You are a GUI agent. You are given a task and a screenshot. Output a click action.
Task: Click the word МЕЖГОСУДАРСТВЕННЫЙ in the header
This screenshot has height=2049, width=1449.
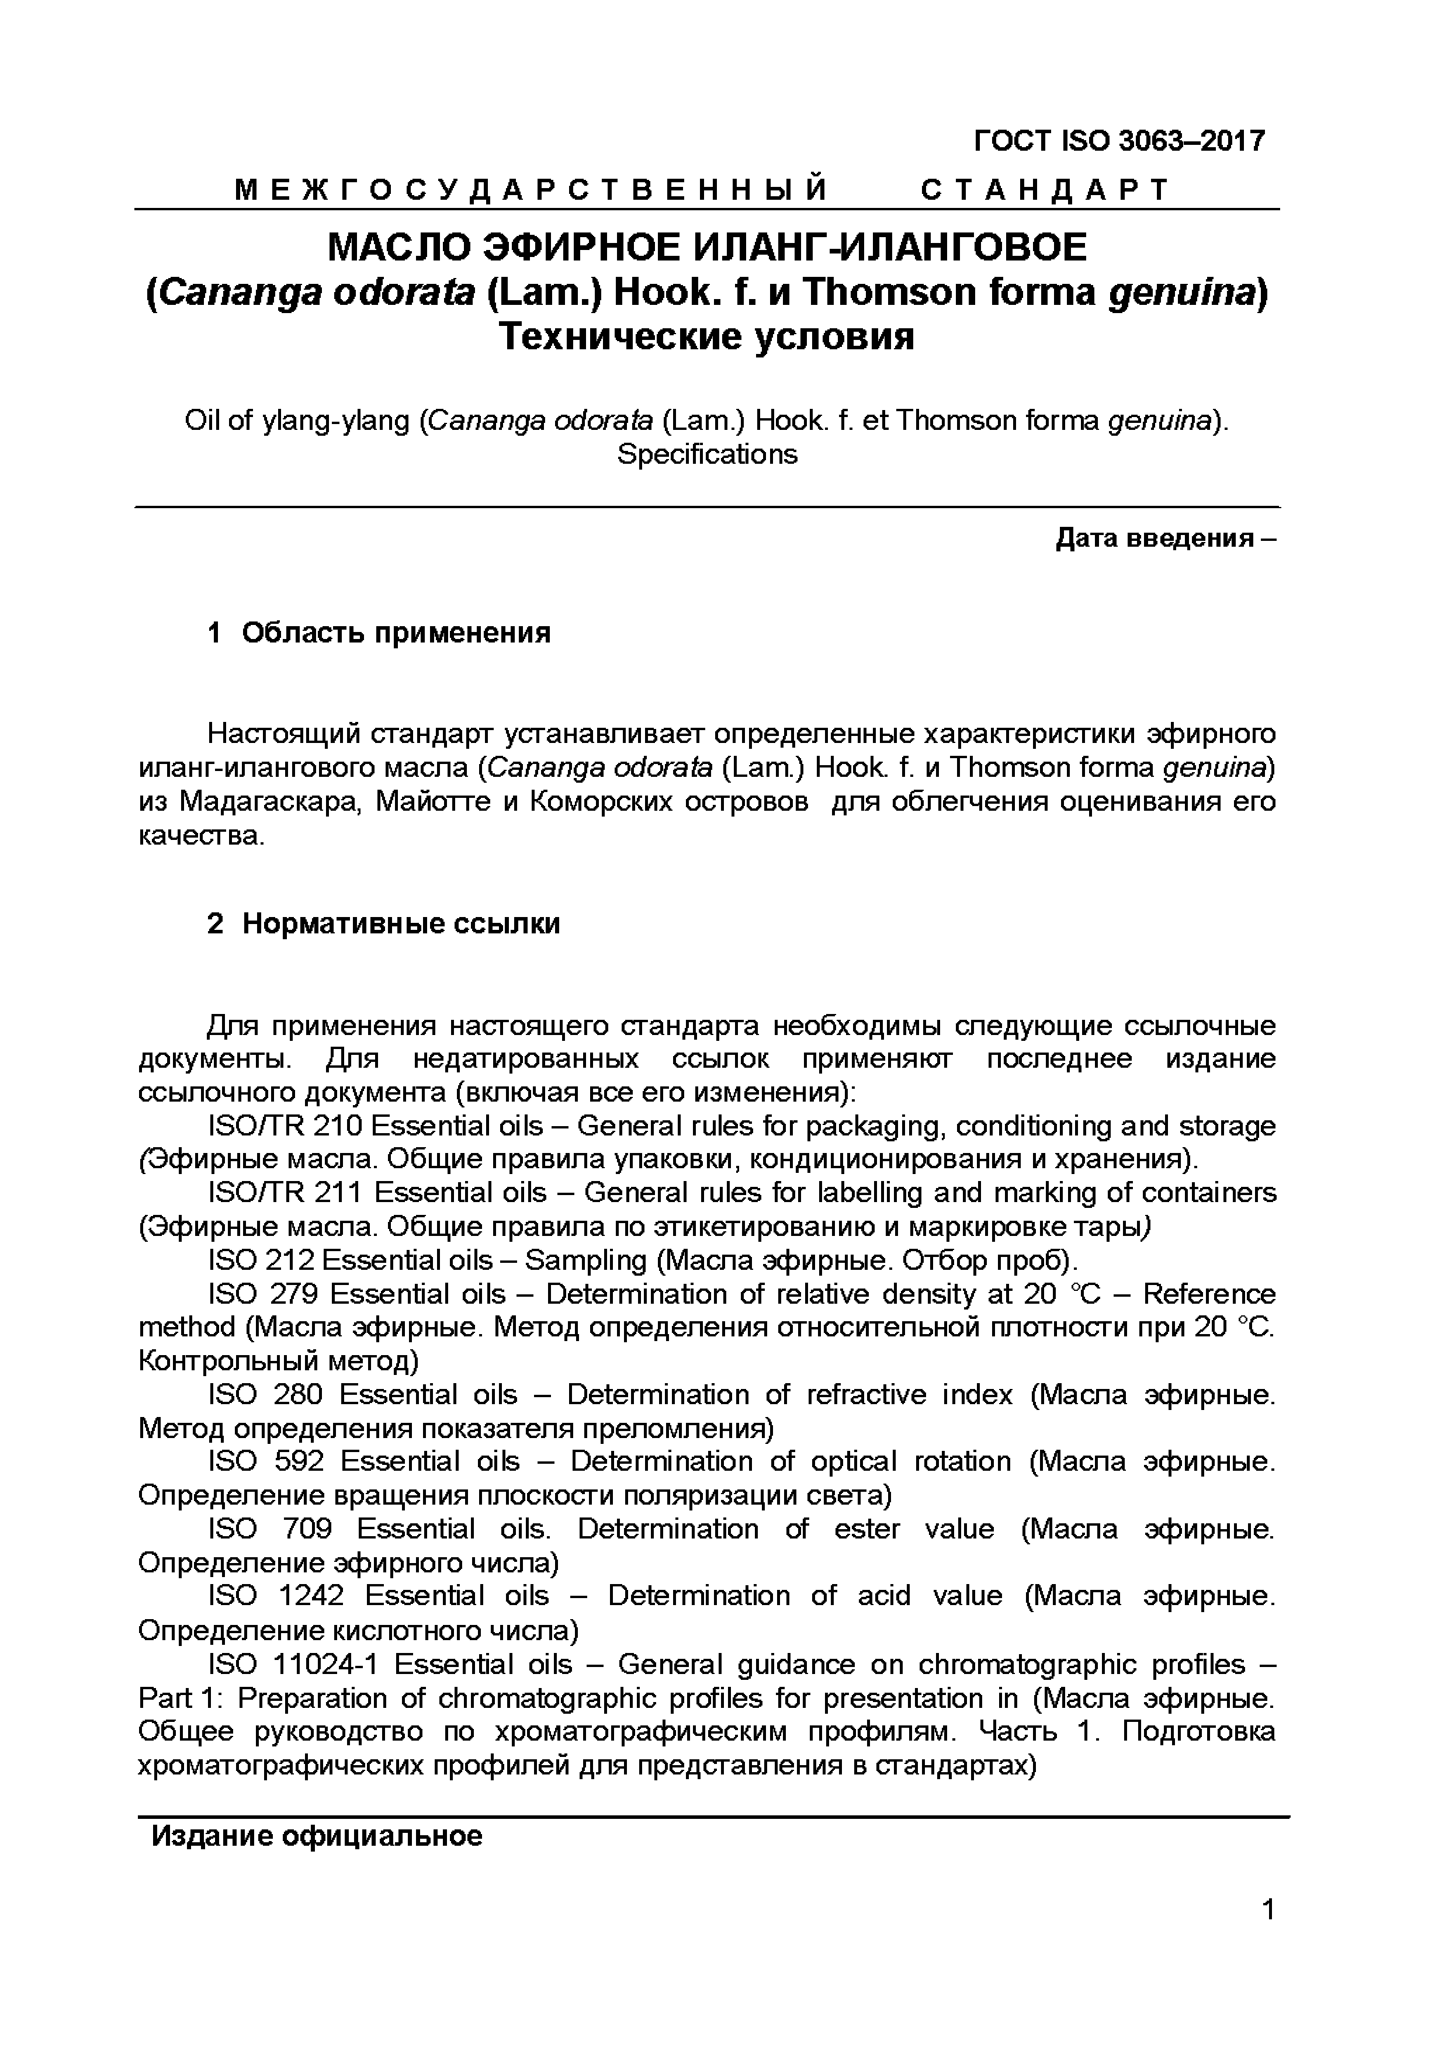(x=531, y=190)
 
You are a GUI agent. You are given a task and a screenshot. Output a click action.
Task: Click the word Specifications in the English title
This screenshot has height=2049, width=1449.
(x=706, y=454)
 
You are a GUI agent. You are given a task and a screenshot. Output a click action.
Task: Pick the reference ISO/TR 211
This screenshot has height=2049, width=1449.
(x=284, y=1193)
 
